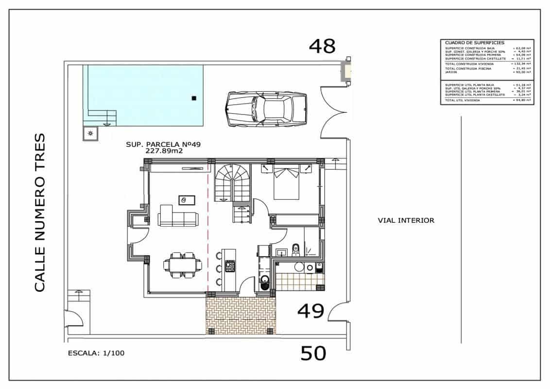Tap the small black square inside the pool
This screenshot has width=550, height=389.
click(194, 98)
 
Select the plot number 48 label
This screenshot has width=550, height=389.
click(323, 46)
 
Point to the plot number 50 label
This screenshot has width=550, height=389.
click(313, 353)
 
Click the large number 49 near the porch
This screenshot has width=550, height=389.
click(310, 311)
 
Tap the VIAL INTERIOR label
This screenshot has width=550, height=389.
click(406, 220)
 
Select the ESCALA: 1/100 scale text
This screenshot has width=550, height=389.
click(96, 354)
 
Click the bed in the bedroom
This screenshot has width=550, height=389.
click(286, 182)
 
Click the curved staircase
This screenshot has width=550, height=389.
click(232, 182)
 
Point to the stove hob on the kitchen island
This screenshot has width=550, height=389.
click(230, 266)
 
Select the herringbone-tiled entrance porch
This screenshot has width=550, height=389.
click(241, 316)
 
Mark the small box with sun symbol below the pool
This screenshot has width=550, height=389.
click(90, 133)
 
